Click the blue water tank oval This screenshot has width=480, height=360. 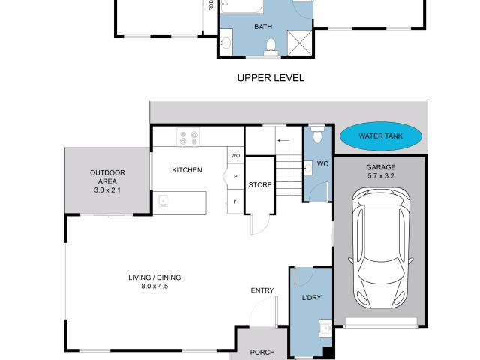tap(381, 136)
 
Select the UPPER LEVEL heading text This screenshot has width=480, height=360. tap(271, 77)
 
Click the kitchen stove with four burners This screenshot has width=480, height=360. tap(188, 138)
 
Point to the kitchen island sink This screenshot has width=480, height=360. tap(163, 200)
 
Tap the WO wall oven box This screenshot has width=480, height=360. tap(235, 156)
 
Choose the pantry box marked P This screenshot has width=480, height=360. tap(235, 177)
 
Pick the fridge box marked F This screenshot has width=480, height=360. tap(235, 202)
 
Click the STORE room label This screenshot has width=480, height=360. tap(260, 185)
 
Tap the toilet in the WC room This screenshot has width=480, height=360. tap(316, 135)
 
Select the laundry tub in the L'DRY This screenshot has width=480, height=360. tap(325, 328)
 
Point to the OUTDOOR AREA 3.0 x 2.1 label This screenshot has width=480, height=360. tap(107, 181)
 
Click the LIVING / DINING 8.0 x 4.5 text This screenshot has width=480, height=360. tap(154, 281)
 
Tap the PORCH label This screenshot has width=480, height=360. tap(262, 352)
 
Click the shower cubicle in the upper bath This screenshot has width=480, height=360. tap(301, 41)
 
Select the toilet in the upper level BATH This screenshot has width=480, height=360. tap(271, 47)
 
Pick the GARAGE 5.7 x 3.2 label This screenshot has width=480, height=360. tap(380, 172)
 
